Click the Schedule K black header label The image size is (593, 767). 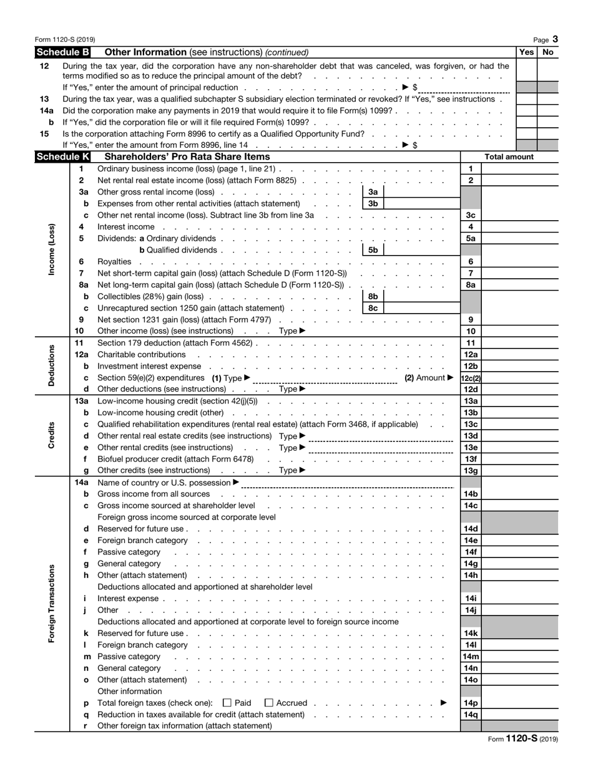point(62,157)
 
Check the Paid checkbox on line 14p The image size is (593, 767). point(227,703)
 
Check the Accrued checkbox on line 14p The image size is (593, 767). point(269,703)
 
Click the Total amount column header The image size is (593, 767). point(509,157)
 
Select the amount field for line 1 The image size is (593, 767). point(519,169)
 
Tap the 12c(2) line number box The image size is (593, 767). point(470,378)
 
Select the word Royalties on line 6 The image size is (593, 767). point(114,262)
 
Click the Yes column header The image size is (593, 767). point(526,52)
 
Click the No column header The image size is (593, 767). point(548,52)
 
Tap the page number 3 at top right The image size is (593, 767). point(555,39)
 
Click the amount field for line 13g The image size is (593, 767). point(519,471)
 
